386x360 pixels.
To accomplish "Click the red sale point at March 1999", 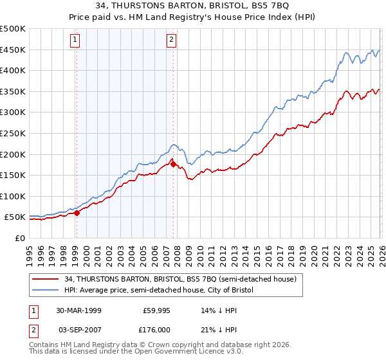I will tap(77, 213).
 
